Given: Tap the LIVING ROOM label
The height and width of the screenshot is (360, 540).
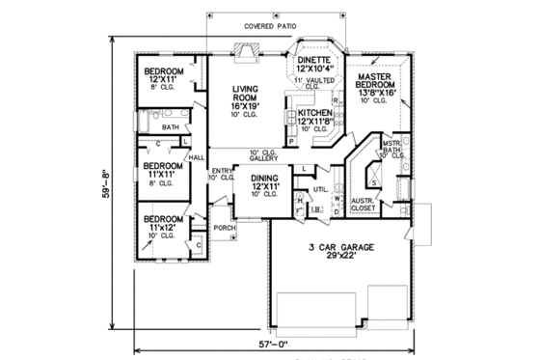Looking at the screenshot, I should tap(247, 93).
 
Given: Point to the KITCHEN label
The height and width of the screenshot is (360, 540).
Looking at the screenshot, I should tap(315, 113).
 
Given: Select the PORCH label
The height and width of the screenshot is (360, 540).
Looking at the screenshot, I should tap(225, 229).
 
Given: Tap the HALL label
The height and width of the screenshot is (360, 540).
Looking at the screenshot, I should tap(197, 157).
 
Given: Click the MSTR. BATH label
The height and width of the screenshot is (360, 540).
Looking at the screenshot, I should tap(391, 145).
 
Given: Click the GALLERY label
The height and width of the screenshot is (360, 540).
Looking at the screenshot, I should tap(264, 157).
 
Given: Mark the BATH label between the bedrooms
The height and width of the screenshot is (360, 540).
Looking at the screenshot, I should tap(170, 127).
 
